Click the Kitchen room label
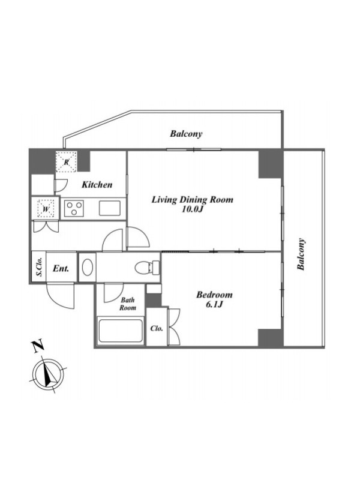97,185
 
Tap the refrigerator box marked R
67,162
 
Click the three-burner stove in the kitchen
74,208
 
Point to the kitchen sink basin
110,208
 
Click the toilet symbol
147,267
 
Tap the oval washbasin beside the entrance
88,267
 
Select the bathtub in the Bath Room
121,331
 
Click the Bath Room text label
128,304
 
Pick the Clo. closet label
157,328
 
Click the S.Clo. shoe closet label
40,267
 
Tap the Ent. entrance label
61,268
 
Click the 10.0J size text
193,209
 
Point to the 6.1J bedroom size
214,305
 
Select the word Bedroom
214,295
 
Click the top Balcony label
186,134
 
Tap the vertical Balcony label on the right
301,254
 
